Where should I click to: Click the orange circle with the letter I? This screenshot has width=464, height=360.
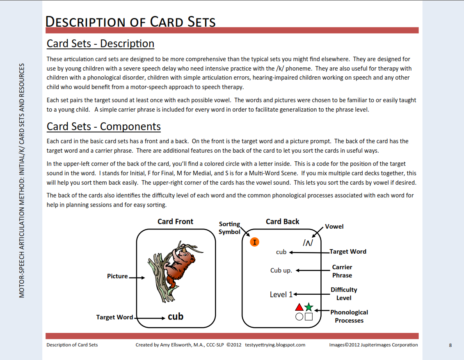tap(255, 242)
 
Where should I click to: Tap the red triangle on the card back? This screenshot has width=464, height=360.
tap(299, 307)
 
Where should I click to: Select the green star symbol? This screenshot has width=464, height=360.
tap(309, 307)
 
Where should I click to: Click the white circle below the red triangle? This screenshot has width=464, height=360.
tap(299, 316)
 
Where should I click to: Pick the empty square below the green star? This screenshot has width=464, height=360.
tap(309, 316)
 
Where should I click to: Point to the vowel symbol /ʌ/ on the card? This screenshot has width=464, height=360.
tap(308, 243)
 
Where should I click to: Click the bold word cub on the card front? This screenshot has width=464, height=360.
tap(176, 316)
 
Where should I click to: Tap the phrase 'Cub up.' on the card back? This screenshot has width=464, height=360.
tap(281, 271)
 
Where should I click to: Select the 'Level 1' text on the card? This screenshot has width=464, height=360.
tap(281, 294)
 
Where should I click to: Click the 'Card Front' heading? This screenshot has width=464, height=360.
tap(175, 222)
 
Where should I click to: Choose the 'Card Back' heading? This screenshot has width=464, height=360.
tap(282, 222)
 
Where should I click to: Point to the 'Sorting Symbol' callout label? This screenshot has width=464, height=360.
tap(229, 228)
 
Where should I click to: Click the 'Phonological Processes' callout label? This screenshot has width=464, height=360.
tap(349, 316)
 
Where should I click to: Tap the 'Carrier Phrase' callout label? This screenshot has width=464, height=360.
tap(342, 271)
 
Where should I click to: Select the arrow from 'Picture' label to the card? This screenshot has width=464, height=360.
tap(137, 277)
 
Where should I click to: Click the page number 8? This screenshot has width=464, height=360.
tap(450, 345)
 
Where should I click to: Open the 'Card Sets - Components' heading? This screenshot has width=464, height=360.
tap(104, 126)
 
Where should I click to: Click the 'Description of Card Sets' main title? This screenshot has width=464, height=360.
tap(130, 21)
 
